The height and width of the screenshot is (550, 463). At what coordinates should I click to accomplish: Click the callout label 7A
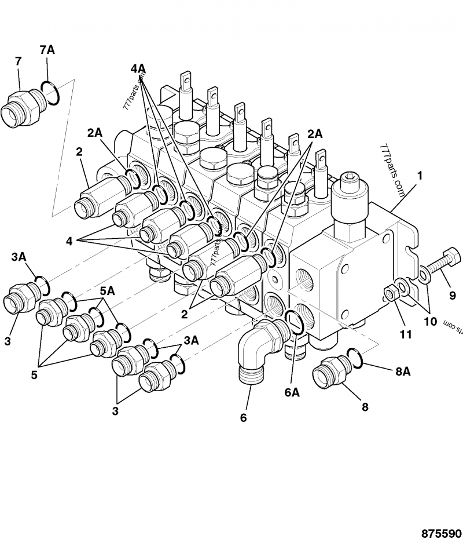(x=47, y=50)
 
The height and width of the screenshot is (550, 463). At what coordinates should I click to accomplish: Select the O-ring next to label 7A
(x=50, y=94)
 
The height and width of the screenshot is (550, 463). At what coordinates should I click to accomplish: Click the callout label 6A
(x=292, y=392)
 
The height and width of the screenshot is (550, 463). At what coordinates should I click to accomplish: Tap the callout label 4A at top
(x=138, y=69)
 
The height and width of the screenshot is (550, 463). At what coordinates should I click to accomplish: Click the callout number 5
(x=34, y=374)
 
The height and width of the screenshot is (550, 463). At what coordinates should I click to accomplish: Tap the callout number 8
(x=365, y=407)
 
